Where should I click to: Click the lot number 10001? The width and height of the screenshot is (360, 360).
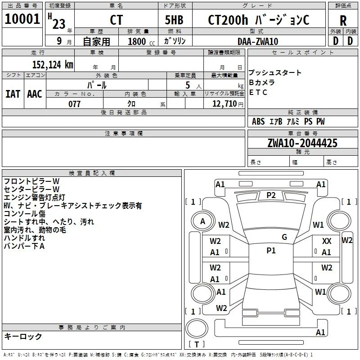[22, 19]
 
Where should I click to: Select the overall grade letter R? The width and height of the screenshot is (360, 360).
[343, 21]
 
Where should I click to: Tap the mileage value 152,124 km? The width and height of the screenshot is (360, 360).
[53, 64]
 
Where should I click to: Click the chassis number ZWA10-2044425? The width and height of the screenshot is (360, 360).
[302, 143]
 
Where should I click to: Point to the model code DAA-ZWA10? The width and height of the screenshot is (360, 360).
[258, 41]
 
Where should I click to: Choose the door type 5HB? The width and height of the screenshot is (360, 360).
[174, 20]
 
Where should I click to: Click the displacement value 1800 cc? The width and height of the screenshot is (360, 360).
[141, 41]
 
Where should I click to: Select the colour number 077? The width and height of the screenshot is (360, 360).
[74, 104]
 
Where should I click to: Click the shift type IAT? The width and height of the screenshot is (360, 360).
[13, 94]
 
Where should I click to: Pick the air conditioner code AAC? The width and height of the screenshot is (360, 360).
[35, 94]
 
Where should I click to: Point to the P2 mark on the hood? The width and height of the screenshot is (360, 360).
[271, 195]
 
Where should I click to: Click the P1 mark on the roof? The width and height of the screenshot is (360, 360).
[271, 251]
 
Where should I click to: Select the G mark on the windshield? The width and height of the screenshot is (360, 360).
[284, 237]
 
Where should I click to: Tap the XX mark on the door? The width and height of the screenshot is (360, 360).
[327, 241]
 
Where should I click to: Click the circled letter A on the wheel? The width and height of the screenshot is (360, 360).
[202, 221]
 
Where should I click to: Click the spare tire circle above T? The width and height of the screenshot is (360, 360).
[197, 328]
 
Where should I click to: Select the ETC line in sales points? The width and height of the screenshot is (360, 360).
[258, 92]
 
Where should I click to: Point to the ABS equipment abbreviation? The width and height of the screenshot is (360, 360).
[258, 121]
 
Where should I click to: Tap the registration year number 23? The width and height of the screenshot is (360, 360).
[59, 24]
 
